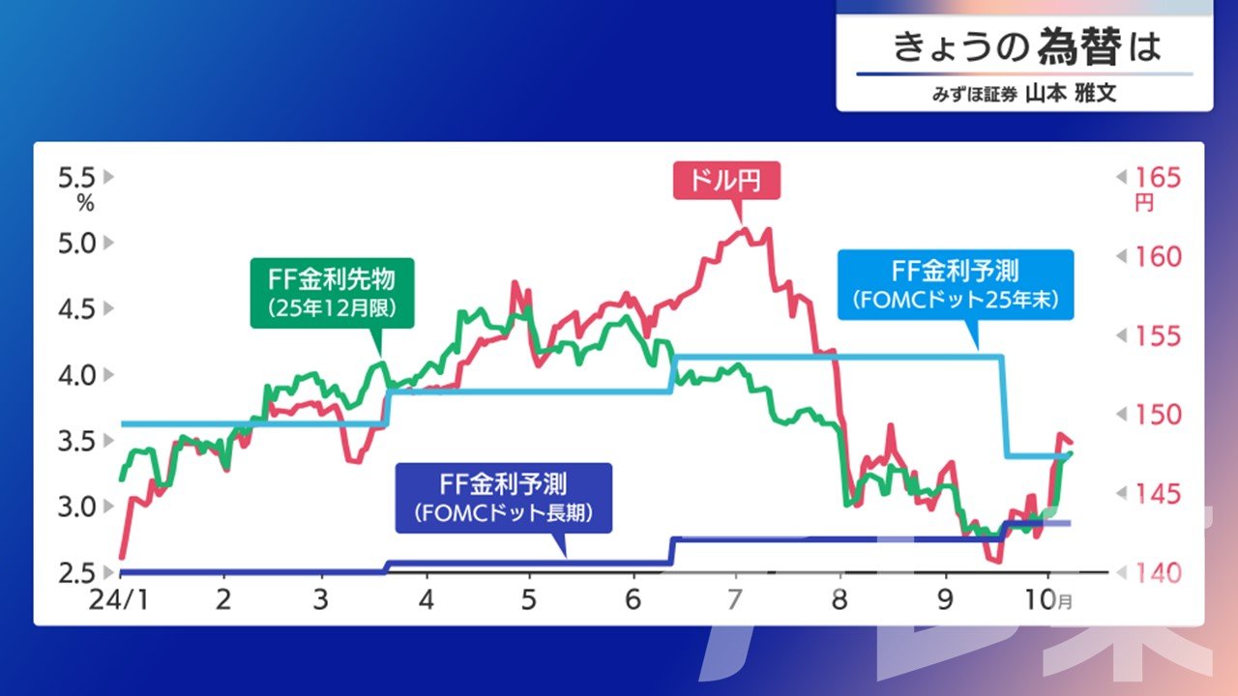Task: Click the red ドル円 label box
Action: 726,181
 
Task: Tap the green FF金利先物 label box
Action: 332,293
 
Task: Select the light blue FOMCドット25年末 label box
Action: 956,285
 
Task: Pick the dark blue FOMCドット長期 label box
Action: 504,498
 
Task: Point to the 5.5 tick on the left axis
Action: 76,178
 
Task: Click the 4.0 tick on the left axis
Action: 76,375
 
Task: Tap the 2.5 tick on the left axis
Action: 76,573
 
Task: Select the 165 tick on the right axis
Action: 1158,178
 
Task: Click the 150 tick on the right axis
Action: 1158,415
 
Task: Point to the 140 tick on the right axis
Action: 1158,573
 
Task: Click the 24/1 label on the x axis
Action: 119,599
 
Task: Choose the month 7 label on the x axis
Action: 734,599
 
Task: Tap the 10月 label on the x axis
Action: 1049,599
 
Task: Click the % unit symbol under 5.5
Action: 86,204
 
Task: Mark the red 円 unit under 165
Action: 1144,203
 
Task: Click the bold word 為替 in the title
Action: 1079,46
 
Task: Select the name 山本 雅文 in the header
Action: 1071,94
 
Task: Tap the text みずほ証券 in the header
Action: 974,95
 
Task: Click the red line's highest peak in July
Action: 744,228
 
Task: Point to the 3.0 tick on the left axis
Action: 76,507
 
